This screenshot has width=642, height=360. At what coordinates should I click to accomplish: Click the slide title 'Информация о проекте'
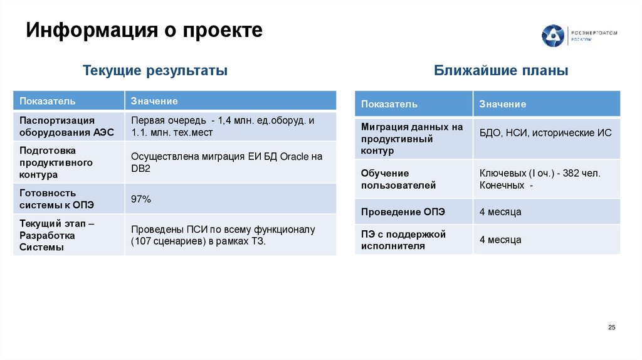(x=144, y=30)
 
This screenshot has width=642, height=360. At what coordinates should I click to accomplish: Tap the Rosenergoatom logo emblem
(x=553, y=36)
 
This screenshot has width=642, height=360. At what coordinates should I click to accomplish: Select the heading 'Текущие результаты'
(x=155, y=71)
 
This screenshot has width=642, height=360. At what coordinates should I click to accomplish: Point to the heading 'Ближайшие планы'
(x=501, y=71)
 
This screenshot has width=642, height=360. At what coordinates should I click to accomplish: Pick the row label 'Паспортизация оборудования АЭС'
(x=57, y=126)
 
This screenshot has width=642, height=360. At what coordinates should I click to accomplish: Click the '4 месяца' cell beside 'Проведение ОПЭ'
(x=500, y=212)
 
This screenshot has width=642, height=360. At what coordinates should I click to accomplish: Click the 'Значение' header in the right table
(x=503, y=104)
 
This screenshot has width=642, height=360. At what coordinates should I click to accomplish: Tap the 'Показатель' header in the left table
(x=48, y=101)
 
